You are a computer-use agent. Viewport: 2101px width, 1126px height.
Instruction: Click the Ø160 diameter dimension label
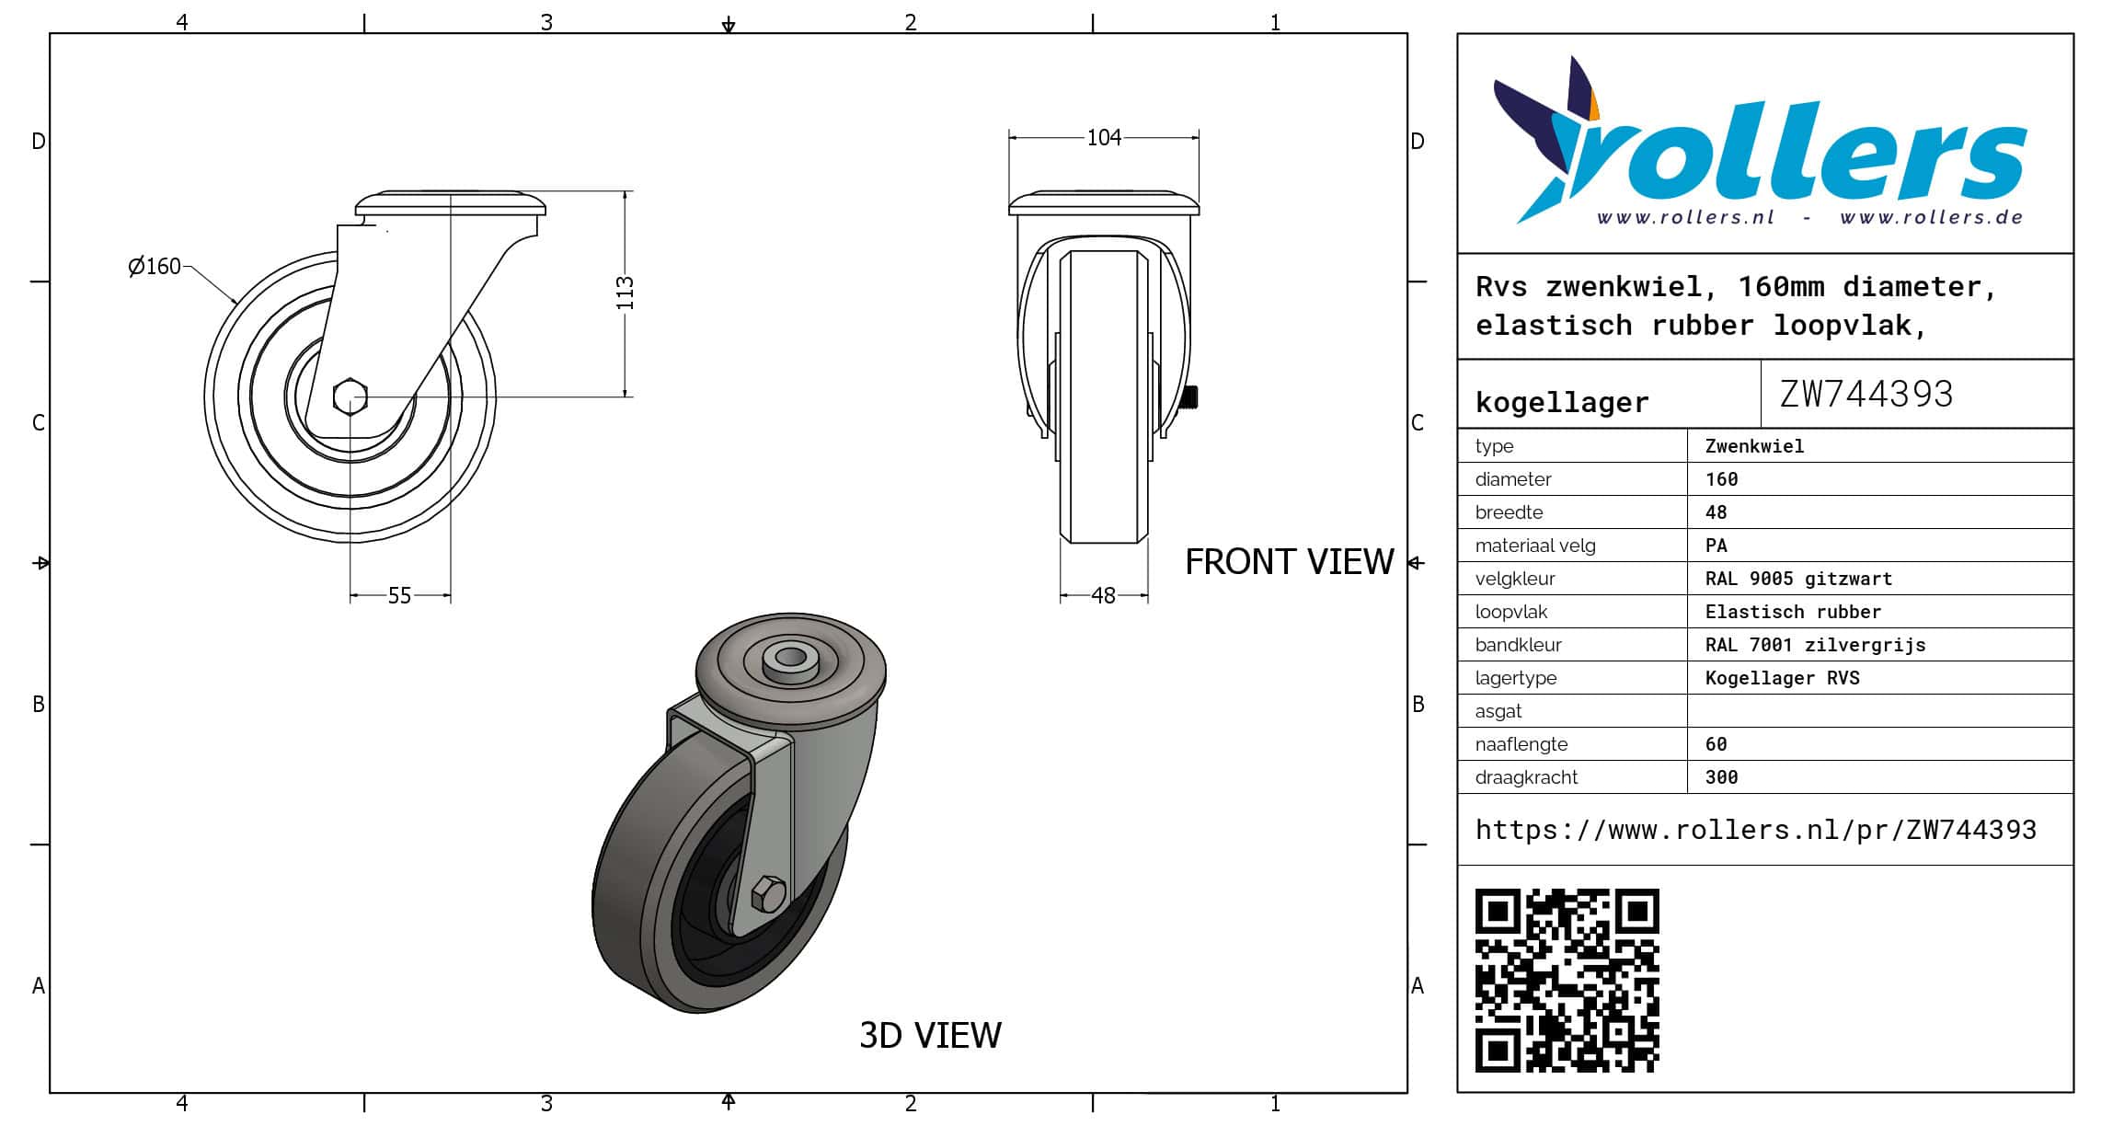point(155,267)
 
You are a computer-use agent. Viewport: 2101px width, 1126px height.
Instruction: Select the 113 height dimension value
point(626,293)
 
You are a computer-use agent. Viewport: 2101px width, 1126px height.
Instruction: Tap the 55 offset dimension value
point(399,596)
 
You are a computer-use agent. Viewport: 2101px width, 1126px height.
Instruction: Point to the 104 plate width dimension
point(1104,138)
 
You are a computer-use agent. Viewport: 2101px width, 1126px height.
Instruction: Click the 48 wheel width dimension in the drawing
point(1103,596)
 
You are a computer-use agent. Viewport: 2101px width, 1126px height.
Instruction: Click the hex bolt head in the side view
point(350,396)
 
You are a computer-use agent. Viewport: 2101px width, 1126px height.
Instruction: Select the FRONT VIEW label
point(1289,562)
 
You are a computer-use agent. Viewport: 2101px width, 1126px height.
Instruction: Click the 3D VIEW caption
point(930,1036)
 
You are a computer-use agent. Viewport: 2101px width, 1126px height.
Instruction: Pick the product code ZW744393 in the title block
point(1866,394)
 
